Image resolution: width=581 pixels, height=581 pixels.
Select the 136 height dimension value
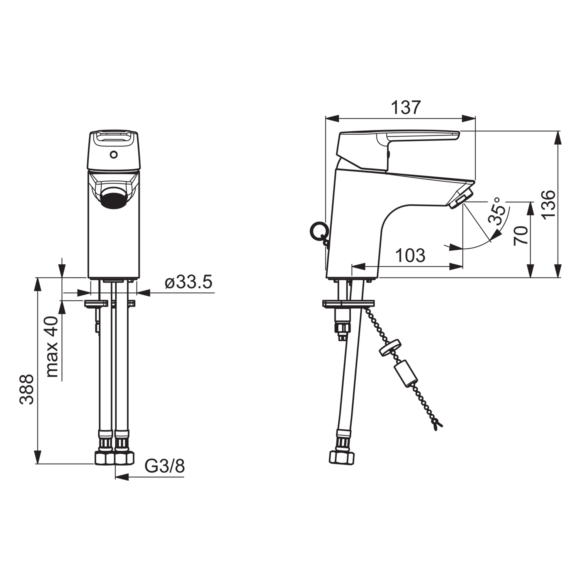tap(548, 205)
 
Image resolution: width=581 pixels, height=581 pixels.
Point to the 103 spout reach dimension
tap(410, 255)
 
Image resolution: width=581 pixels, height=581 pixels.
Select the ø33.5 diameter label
tap(188, 282)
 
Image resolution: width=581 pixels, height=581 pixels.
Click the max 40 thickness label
tap(52, 346)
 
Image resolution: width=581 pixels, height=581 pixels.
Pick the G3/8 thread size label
tap(164, 466)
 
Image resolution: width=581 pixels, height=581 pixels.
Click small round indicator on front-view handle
tap(113, 155)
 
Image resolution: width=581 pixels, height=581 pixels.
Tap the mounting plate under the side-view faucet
tap(348, 303)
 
